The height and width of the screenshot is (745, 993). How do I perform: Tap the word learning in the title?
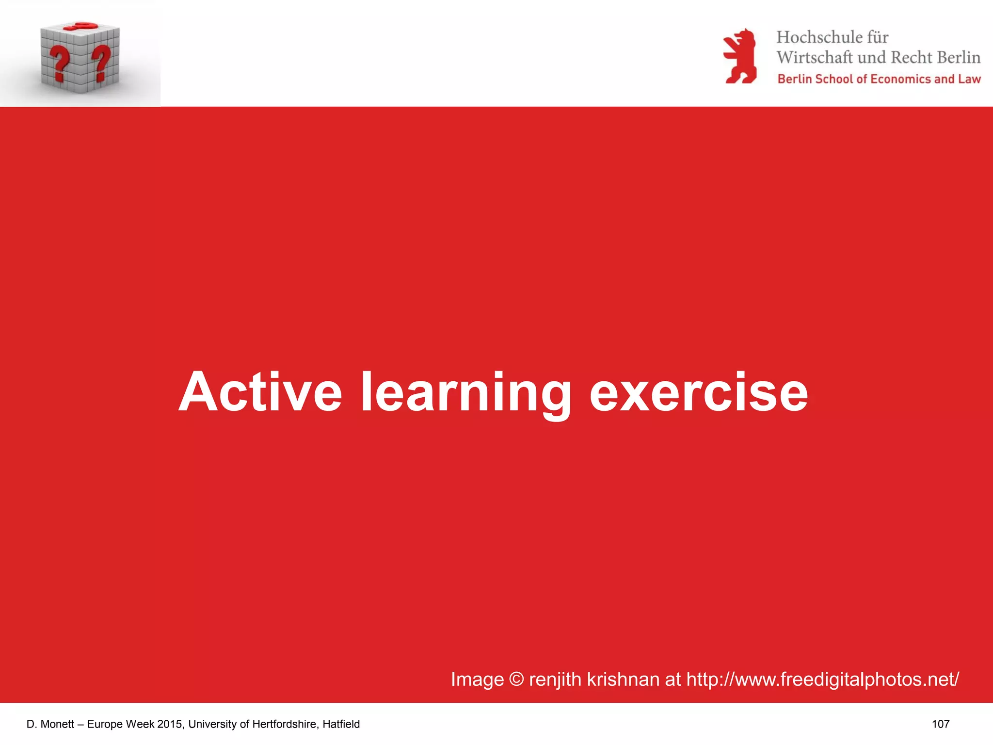coord(466,393)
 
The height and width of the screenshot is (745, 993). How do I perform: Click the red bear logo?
coord(740,56)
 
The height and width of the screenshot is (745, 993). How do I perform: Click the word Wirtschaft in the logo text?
coord(814,57)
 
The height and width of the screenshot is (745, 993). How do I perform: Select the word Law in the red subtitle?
coord(969,79)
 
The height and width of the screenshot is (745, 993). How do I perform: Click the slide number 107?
coord(941,724)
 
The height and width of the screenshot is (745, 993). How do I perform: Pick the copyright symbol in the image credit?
coord(516,679)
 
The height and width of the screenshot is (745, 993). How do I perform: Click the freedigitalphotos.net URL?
coord(823,679)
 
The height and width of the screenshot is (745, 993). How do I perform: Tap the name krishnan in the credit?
coord(623,679)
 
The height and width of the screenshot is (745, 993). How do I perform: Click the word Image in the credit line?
coord(477,680)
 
